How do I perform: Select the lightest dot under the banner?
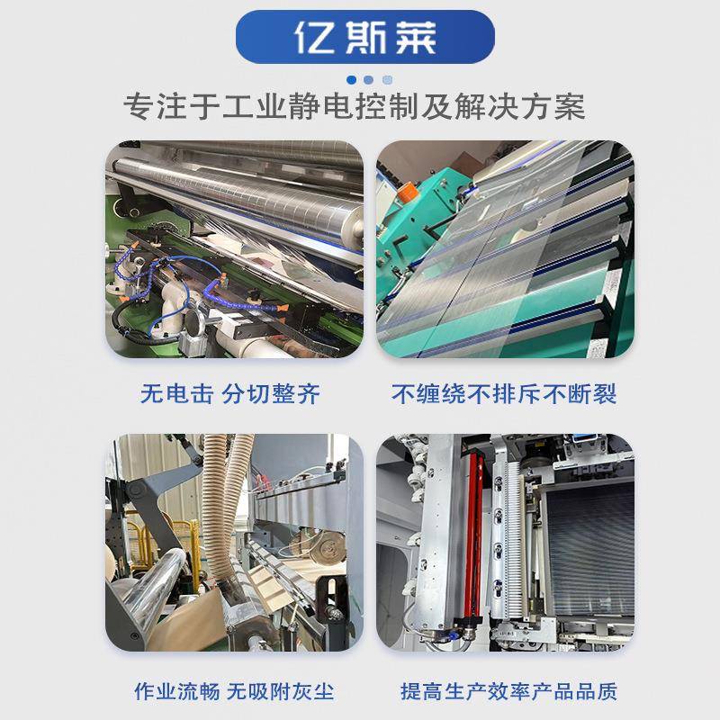point(387,79)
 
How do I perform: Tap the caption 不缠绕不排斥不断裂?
point(504,393)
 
